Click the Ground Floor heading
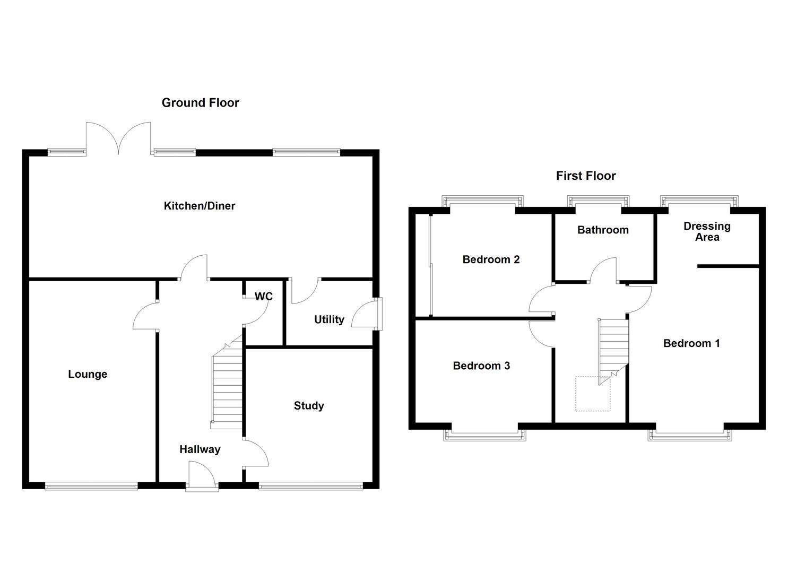click(200, 103)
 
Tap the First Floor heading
click(586, 176)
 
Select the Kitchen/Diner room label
click(199, 206)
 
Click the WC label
click(264, 297)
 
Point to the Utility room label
click(329, 319)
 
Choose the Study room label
click(309, 406)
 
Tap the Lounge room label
click(88, 375)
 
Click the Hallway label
click(200, 449)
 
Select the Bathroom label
click(603, 230)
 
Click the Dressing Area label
click(707, 232)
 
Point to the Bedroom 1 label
click(691, 343)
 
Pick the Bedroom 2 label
click(491, 259)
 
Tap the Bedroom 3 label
click(481, 366)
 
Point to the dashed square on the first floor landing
click(593, 394)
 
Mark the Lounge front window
click(91, 485)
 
